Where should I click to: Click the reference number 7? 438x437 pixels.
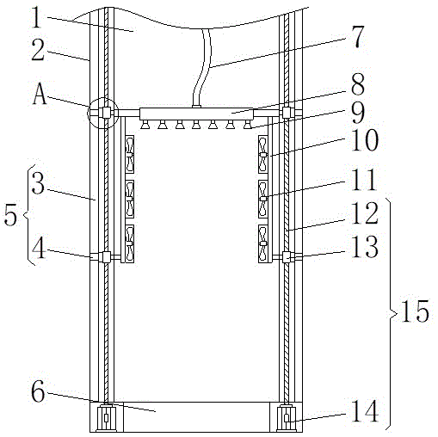(x=358, y=37)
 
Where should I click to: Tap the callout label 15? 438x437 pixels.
(x=415, y=311)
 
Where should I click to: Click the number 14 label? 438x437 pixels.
(x=365, y=411)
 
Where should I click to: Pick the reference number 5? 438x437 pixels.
(x=10, y=214)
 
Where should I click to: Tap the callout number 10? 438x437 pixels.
(x=365, y=140)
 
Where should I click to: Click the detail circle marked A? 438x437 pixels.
(x=102, y=114)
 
